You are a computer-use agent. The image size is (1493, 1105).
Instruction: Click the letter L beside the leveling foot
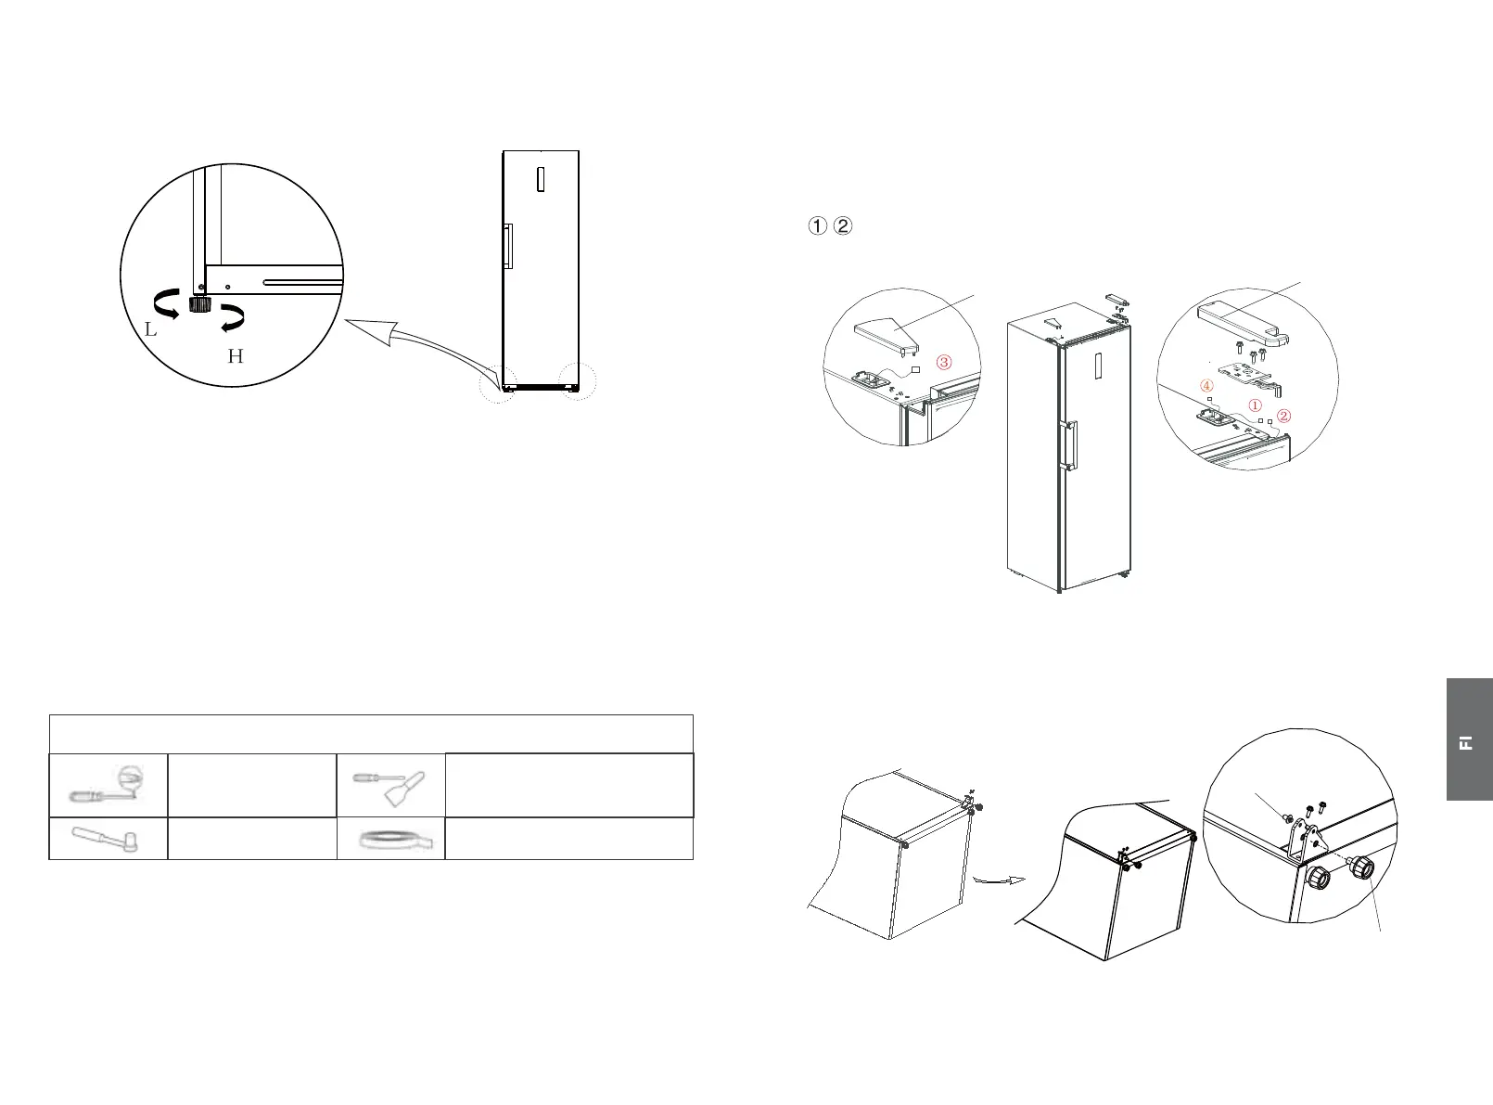(x=150, y=329)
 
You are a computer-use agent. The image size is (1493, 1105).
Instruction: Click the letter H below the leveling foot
(x=236, y=356)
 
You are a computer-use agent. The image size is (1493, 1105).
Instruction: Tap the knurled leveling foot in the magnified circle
(x=198, y=304)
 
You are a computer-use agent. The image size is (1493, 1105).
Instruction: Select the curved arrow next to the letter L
(x=165, y=303)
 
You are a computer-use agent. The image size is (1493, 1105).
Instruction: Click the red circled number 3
(x=943, y=362)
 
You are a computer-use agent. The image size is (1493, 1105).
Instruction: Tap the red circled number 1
(x=1255, y=405)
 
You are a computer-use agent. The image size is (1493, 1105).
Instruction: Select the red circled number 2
(x=1283, y=416)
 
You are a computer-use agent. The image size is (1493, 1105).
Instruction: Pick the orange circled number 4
(x=1206, y=385)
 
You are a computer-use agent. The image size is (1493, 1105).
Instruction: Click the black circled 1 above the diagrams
(x=817, y=225)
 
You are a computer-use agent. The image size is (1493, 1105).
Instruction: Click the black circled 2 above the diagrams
(x=842, y=225)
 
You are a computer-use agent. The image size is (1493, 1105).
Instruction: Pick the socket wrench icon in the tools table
(x=108, y=838)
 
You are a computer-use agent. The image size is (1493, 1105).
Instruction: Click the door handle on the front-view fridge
(x=507, y=247)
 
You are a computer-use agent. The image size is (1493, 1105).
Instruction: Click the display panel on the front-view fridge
(x=540, y=178)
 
